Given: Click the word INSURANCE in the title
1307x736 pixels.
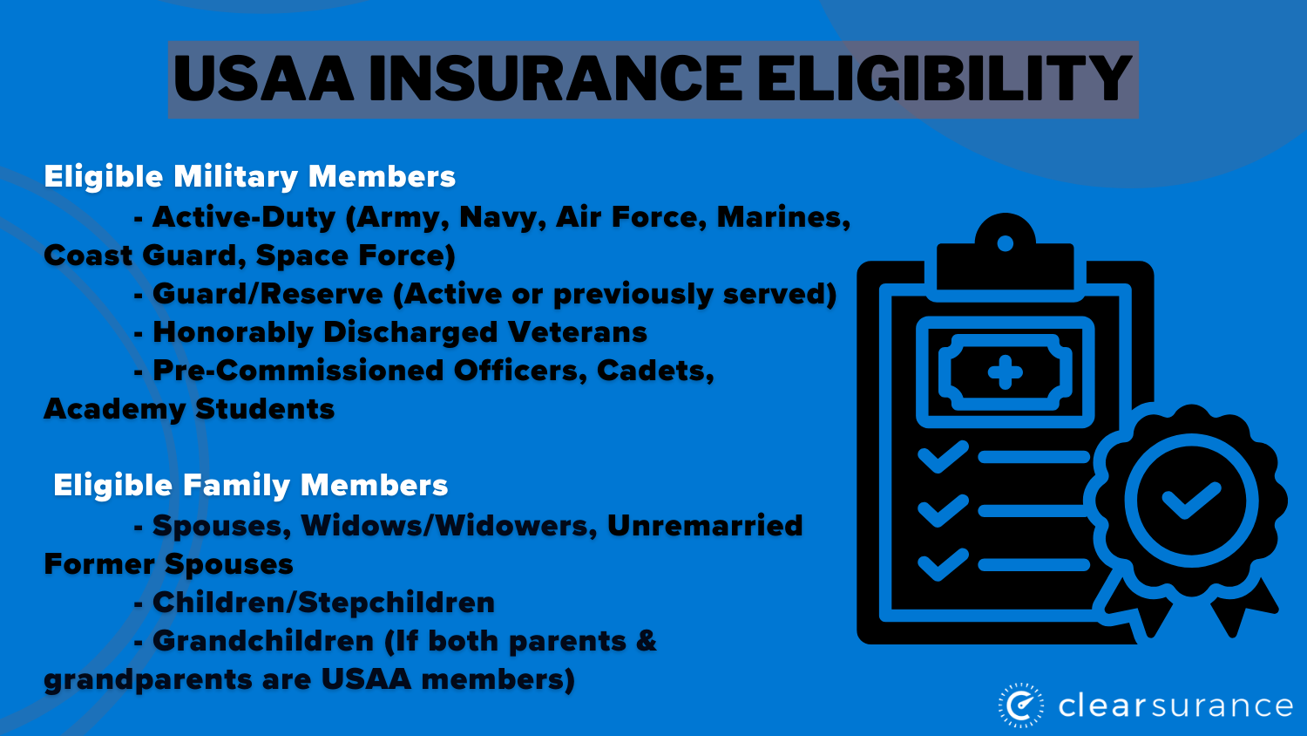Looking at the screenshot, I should (555, 79).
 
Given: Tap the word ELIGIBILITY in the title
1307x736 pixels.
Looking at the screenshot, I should (944, 79).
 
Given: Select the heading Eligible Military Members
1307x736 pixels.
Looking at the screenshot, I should (250, 177).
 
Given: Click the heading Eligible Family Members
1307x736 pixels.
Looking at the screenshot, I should (251, 486).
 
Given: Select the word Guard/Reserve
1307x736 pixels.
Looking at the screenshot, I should (267, 294).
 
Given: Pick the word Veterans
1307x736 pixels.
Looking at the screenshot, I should (578, 332).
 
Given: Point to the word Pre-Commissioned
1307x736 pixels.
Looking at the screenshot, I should (298, 371).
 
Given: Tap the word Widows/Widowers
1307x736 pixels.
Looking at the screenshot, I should (449, 526).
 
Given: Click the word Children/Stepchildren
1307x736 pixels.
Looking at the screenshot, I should (323, 603).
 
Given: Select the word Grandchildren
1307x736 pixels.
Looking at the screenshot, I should (263, 641).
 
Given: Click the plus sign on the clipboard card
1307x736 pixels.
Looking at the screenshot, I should (1005, 372).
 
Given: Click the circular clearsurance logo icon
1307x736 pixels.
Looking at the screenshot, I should (1021, 705).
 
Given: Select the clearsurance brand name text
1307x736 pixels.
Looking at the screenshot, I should (1175, 705).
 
